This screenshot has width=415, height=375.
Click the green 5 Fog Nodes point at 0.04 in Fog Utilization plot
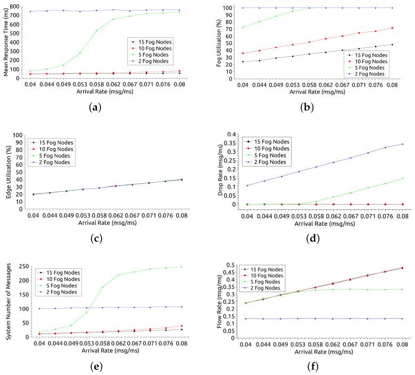(243, 28)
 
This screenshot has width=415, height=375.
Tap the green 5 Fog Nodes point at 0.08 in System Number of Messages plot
(181, 267)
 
